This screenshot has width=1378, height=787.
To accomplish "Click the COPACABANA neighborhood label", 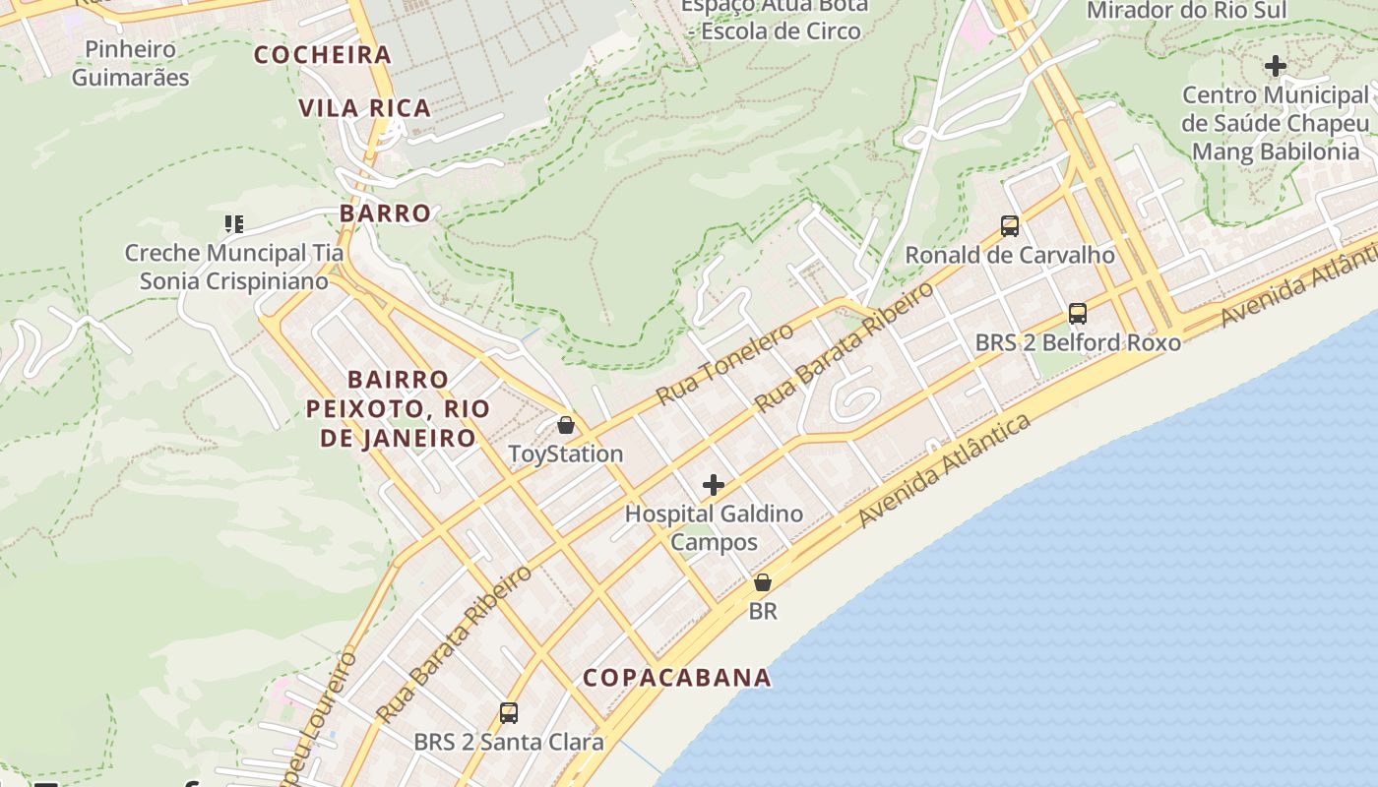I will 677,678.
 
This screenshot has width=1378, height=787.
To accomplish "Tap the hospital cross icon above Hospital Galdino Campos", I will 714,485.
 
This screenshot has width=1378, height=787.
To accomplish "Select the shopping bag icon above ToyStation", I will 566,425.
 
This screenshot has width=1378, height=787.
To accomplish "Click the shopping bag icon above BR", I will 763,582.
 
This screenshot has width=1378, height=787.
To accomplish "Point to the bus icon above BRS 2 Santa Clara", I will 509,713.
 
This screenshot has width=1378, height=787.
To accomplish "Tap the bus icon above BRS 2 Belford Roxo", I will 1078,314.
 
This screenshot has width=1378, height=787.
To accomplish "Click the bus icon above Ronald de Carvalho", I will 1010,226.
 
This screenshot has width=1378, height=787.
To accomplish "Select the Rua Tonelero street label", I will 724,364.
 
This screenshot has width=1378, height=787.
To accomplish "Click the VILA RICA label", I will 365,108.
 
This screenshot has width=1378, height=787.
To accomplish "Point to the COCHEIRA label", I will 323,55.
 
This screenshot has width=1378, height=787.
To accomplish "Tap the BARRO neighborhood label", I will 386,213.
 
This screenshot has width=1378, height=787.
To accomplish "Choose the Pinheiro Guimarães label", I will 131,63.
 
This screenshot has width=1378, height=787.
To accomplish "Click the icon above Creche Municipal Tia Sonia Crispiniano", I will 233,224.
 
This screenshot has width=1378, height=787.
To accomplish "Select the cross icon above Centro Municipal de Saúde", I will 1276,67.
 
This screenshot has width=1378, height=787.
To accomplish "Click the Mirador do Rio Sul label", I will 1186,11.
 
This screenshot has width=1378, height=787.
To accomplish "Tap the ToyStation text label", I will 566,454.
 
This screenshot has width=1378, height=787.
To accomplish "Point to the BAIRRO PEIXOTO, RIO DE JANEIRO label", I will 399,408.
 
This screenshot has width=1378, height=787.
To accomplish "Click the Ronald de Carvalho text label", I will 1010,255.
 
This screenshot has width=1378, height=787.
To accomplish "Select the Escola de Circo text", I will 776,30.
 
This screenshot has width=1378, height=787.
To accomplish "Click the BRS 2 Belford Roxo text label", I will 1078,342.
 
